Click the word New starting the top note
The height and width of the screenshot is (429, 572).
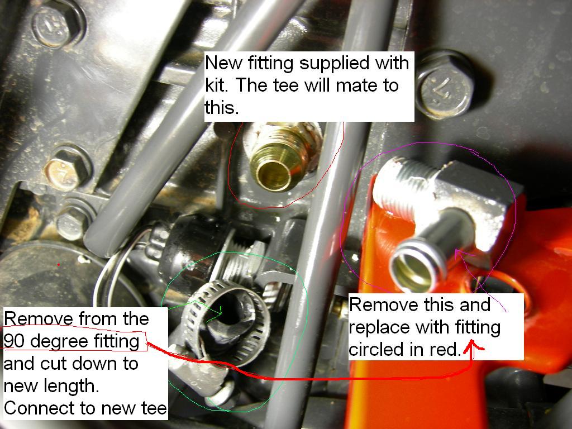(x=223, y=63)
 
